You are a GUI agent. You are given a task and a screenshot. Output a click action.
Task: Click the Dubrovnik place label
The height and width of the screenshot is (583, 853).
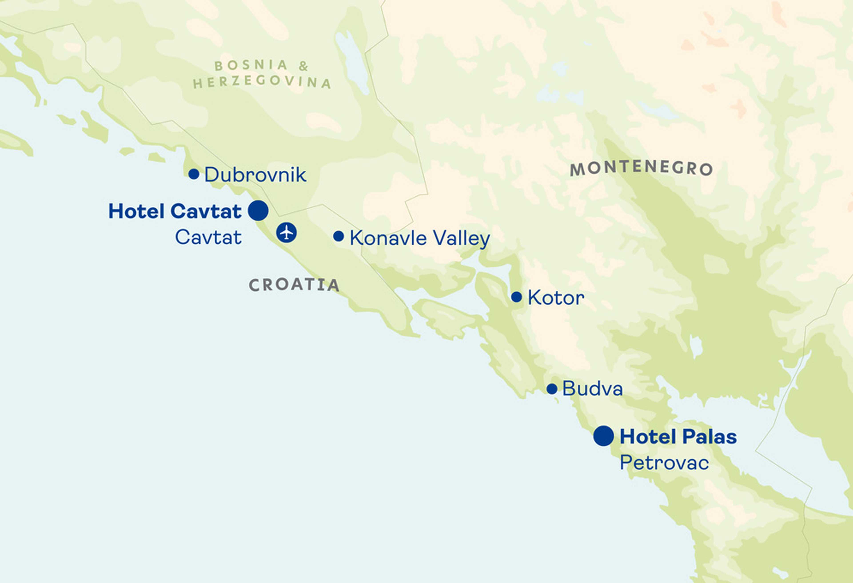click(255, 175)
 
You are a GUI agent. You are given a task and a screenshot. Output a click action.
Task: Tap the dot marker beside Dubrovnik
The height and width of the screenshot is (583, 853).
click(194, 174)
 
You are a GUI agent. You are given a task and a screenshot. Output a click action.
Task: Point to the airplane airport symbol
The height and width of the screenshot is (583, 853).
click(286, 232)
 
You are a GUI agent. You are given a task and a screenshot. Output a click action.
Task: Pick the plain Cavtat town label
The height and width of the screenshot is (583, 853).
click(208, 237)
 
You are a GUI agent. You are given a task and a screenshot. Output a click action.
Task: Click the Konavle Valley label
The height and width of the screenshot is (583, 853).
click(420, 238)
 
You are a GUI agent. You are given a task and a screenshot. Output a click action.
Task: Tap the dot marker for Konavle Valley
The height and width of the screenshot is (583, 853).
click(338, 236)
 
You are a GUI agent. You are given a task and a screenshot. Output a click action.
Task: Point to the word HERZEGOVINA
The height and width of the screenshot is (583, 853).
click(262, 81)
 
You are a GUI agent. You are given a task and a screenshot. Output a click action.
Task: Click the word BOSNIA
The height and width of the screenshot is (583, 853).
click(251, 65)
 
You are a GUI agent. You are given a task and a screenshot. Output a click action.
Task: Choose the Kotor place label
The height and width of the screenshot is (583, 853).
click(556, 298)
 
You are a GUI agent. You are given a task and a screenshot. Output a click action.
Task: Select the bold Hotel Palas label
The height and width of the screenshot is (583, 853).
click(678, 437)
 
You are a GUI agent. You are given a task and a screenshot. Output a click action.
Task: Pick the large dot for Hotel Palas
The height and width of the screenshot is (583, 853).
click(603, 436)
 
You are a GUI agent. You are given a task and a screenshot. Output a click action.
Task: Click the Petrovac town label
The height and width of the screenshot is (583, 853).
click(664, 463)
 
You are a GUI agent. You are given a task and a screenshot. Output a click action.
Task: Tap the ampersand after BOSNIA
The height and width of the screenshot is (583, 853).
click(303, 66)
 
